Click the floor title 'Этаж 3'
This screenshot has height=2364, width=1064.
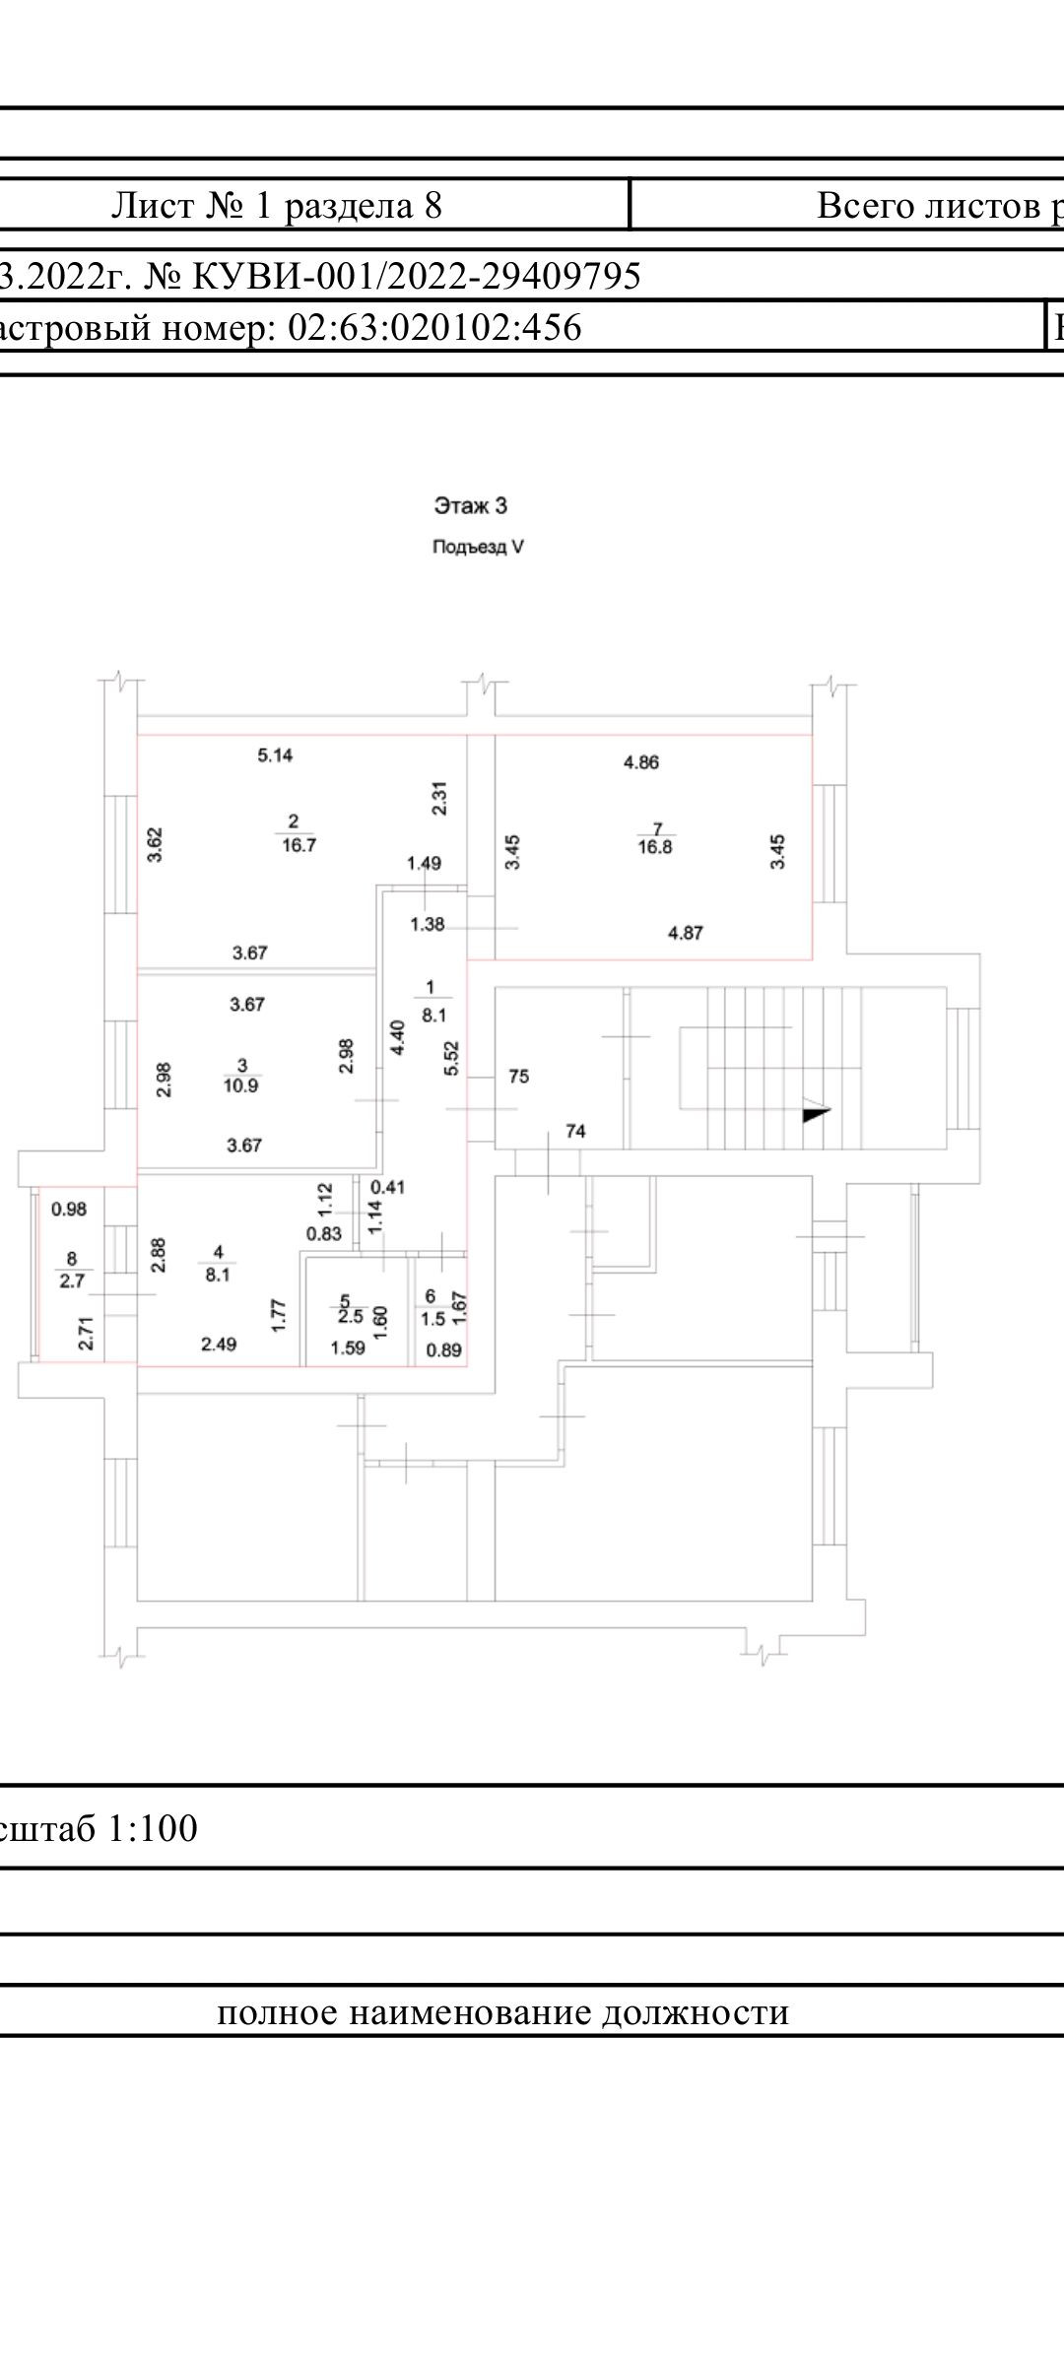(471, 506)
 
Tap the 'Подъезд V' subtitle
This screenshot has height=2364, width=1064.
(478, 548)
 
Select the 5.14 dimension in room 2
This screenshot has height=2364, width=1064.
(275, 755)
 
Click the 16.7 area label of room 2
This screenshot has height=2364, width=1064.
(298, 845)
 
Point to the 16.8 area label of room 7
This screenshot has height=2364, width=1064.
(654, 846)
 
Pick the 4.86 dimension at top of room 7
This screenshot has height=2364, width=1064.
(641, 761)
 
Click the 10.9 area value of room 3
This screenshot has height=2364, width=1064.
(242, 1085)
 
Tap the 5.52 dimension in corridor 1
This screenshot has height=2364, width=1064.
(452, 1058)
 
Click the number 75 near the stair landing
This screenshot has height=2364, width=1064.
(519, 1077)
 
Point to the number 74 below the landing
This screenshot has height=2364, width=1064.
(575, 1132)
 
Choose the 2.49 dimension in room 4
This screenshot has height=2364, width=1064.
(219, 1344)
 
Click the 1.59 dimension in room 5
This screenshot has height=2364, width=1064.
(348, 1347)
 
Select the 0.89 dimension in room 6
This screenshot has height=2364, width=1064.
(443, 1350)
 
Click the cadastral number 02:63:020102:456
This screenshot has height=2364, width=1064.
(433, 327)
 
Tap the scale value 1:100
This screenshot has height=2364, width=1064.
(152, 1829)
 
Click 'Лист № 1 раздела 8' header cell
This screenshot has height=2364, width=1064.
(277, 205)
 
